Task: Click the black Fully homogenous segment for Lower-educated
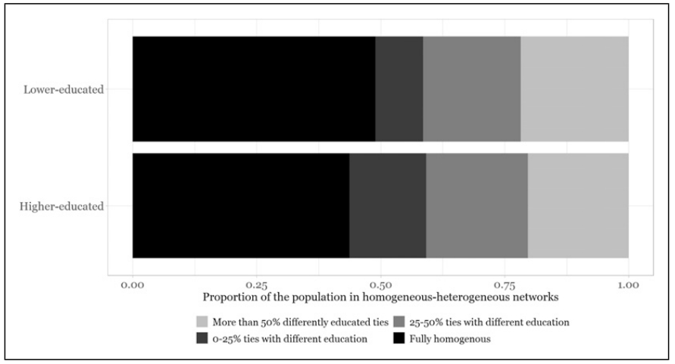coord(254,89)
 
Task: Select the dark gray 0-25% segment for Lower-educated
coord(399,89)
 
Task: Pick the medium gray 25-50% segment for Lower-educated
coord(472,89)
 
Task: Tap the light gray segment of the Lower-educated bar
coord(574,89)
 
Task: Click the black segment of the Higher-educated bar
coord(241,206)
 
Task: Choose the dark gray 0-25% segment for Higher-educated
coord(388,206)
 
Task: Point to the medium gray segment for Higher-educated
coord(477,206)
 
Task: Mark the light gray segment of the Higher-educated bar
coord(578,206)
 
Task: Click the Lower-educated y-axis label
coord(64,89)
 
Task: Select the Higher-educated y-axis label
coord(63,206)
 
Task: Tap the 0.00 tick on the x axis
coord(133,285)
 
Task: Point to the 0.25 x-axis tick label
coord(257,285)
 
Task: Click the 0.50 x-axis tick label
coord(380,285)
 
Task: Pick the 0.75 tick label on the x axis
coord(505,285)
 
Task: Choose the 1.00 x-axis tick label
coord(628,285)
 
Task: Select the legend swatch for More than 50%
coord(202,322)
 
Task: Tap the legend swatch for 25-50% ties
coord(399,322)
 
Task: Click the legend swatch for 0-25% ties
coord(202,338)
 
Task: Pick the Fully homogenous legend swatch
coord(399,338)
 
